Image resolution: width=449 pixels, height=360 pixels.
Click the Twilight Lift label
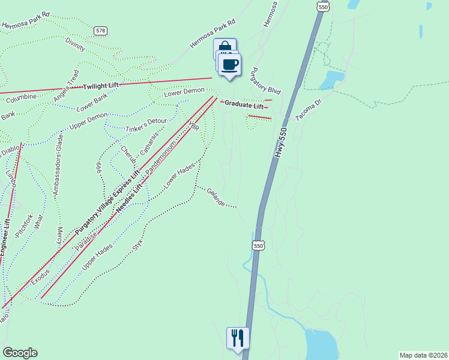tap(101, 86)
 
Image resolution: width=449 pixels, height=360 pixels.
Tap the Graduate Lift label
tap(244, 105)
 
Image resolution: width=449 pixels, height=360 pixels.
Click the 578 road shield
tap(100, 29)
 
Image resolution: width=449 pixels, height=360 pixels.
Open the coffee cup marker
tap(229, 64)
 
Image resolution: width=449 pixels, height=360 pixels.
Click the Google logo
tap(19, 353)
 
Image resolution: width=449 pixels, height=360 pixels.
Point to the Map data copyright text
tap(423, 355)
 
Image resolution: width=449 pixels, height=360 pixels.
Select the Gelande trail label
tap(215, 197)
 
